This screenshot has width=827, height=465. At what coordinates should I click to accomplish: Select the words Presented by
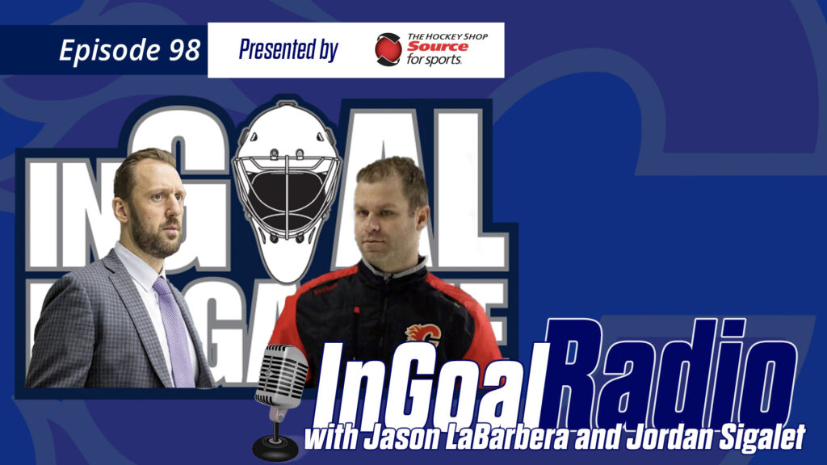pyautogui.click(x=288, y=50)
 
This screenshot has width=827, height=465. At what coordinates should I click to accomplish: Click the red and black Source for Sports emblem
pyautogui.click(x=388, y=49)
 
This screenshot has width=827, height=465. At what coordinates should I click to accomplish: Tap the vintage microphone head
pyautogui.click(x=281, y=376)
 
